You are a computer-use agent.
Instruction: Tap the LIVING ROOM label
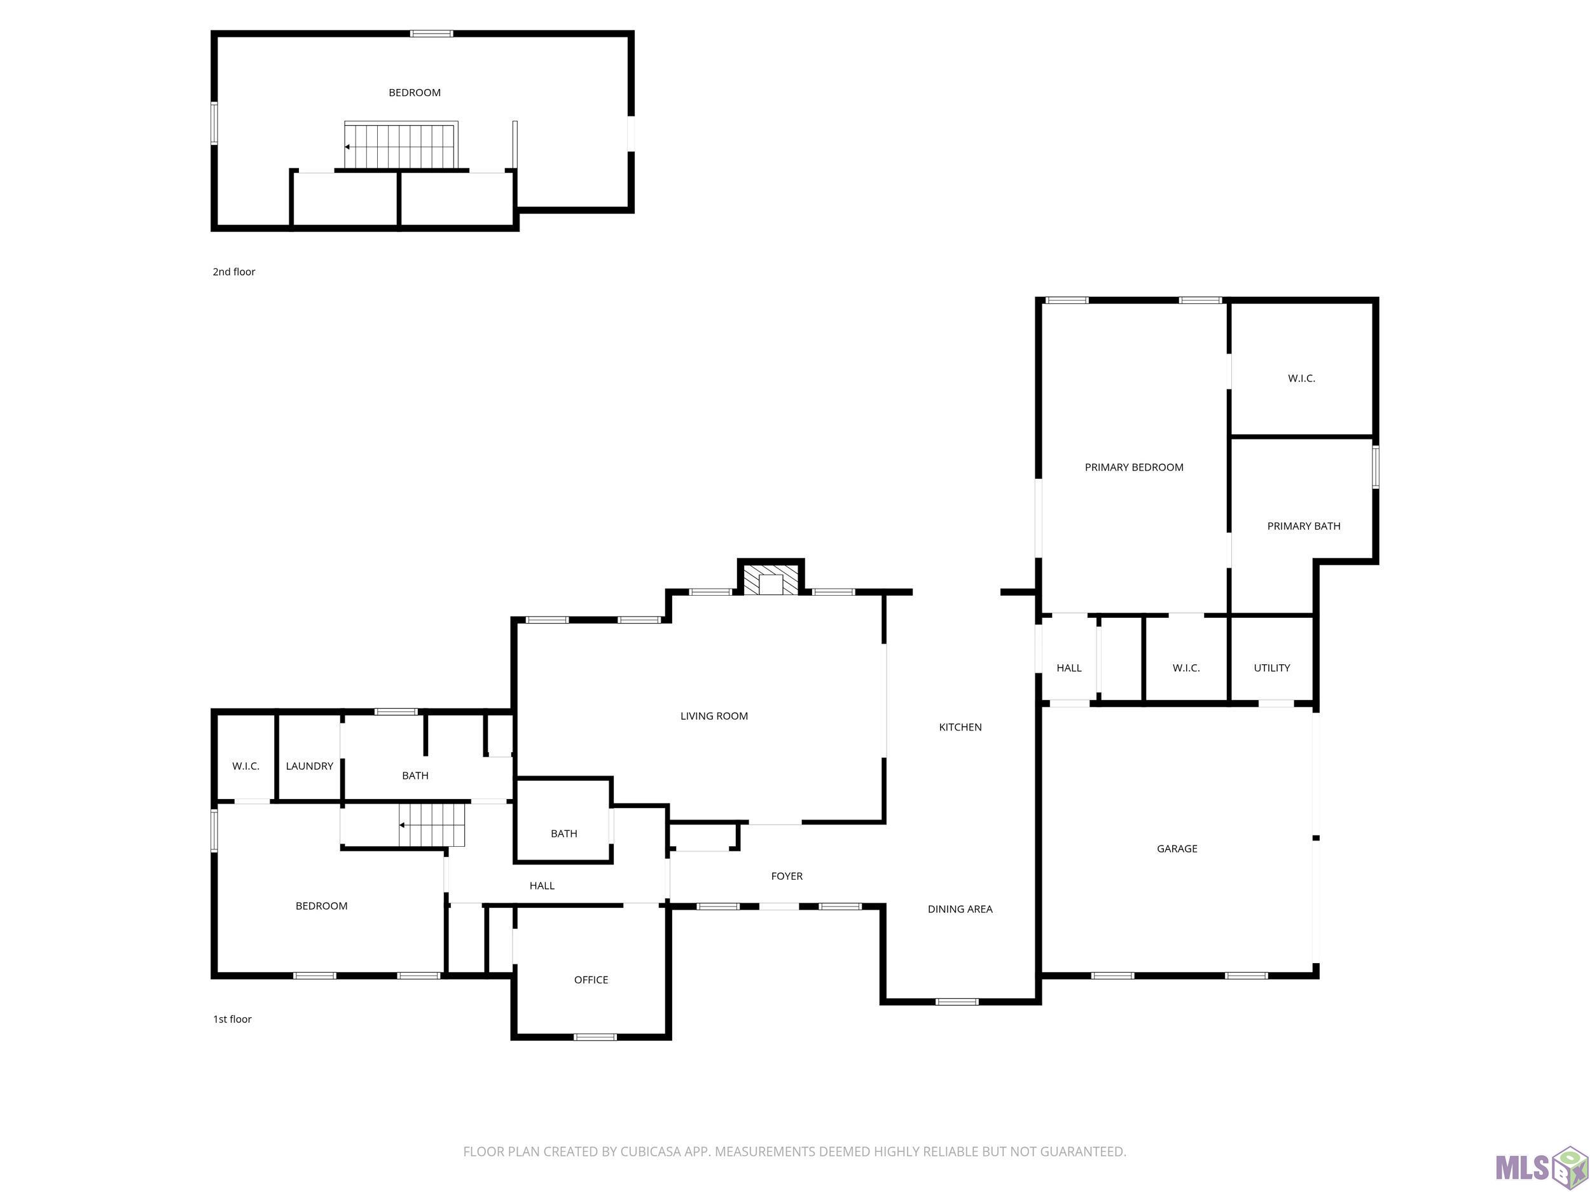(714, 716)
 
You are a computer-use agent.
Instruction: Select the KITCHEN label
(960, 727)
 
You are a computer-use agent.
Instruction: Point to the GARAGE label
(1177, 849)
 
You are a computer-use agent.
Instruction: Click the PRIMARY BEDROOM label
(1133, 467)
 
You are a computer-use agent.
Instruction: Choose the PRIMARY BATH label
(1303, 526)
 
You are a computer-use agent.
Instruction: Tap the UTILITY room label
(1271, 668)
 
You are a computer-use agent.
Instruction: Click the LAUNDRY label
(309, 766)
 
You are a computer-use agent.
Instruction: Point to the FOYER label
(786, 876)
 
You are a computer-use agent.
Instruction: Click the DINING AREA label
(960, 909)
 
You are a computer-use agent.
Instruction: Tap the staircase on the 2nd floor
(401, 146)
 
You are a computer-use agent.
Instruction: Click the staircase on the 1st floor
(432, 825)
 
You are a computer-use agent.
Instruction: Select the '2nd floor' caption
(233, 271)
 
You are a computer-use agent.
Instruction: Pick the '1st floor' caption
(232, 1019)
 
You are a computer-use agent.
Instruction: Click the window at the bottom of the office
(595, 1037)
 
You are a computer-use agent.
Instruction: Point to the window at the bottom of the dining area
(957, 1001)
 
